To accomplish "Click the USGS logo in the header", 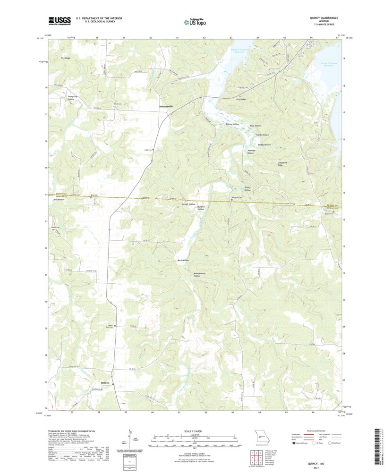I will (59, 20).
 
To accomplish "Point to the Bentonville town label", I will (166, 107).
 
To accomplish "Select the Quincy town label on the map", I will (105, 382).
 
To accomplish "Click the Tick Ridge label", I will (65, 58).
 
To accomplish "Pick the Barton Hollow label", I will (226, 124).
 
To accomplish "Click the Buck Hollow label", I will (182, 260).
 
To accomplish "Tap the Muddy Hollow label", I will (264, 144).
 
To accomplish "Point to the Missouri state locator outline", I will (259, 437).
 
